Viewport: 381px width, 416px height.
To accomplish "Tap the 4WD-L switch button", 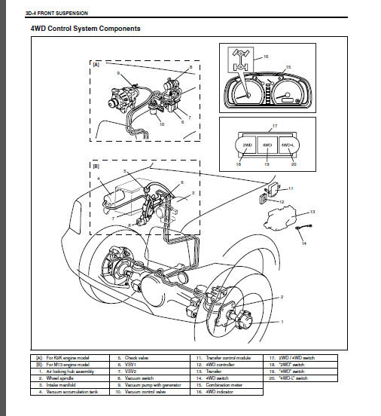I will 286,145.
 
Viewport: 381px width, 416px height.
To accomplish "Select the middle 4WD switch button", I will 267,145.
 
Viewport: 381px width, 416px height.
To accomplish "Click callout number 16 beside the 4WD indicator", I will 264,57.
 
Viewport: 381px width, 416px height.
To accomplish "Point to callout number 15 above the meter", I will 287,66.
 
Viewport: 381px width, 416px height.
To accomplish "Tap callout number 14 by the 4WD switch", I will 304,243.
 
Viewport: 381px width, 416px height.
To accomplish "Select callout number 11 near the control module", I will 291,188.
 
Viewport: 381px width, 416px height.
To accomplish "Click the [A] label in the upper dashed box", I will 95,66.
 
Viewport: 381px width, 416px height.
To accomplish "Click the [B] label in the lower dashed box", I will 95,165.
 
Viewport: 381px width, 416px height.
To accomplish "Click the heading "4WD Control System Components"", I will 84,29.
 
